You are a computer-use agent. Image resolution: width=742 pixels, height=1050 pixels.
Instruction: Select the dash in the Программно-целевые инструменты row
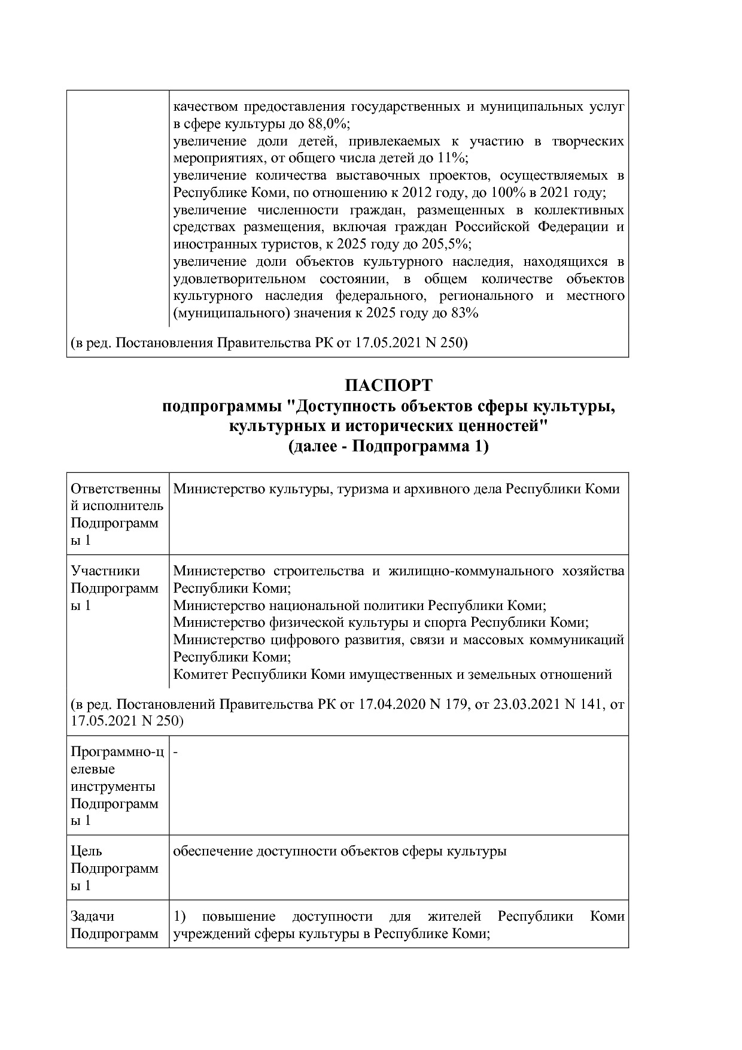(176, 751)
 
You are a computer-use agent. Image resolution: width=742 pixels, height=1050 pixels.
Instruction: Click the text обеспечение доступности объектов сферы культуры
(339, 851)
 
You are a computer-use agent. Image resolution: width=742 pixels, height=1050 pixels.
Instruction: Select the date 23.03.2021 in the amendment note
(526, 705)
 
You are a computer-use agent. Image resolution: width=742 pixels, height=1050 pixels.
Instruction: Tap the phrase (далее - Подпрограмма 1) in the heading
(388, 447)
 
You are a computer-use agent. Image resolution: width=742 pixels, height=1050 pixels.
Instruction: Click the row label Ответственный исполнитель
(116, 497)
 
